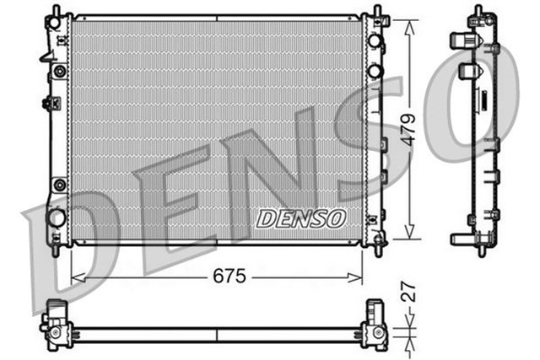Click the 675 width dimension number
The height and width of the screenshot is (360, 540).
coord(217,277)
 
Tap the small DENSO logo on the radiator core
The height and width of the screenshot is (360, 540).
coord(301,219)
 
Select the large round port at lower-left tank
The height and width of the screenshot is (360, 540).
coord(57,217)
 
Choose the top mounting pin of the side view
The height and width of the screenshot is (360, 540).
coord(478,12)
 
